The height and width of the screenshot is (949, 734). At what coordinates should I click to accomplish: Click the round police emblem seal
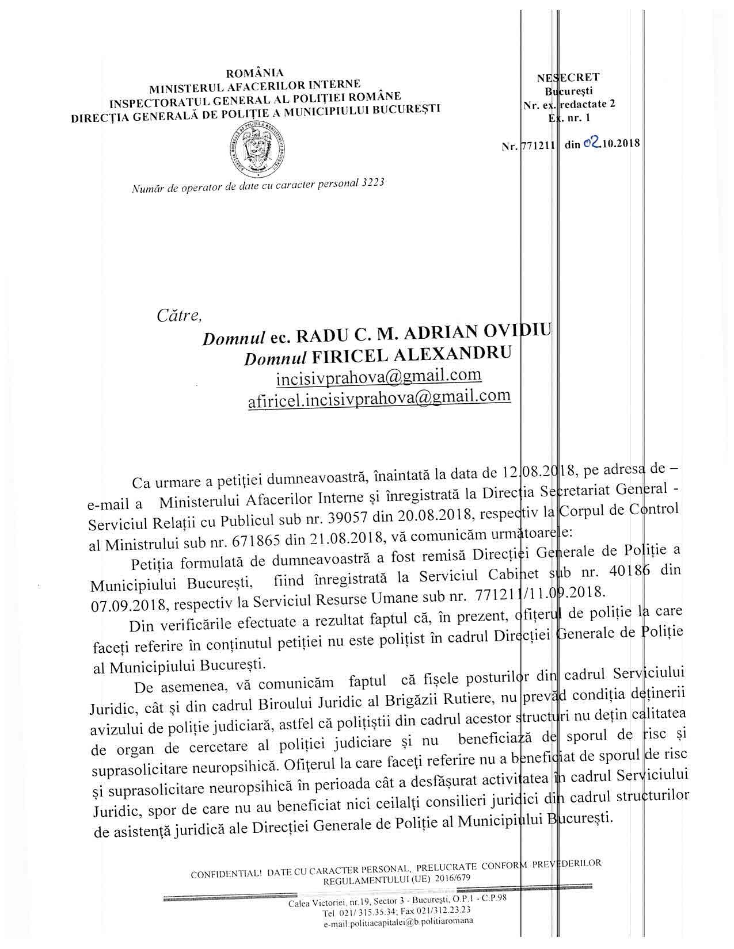click(256, 148)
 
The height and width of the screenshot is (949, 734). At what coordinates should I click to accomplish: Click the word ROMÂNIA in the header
click(255, 74)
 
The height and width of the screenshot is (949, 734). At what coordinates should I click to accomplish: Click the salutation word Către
click(180, 315)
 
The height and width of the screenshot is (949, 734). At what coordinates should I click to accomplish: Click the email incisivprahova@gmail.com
click(379, 376)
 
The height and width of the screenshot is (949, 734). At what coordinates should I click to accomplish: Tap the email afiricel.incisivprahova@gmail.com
click(379, 397)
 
